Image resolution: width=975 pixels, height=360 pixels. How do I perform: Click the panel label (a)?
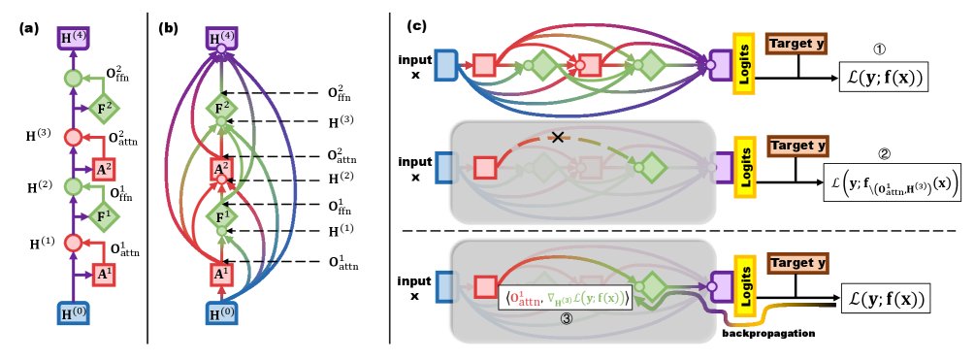(28, 29)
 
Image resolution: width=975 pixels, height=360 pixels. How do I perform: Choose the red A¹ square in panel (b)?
(222, 274)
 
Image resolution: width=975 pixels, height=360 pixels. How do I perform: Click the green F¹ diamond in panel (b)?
(222, 215)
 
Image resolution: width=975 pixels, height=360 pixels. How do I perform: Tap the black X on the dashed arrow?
(557, 138)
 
